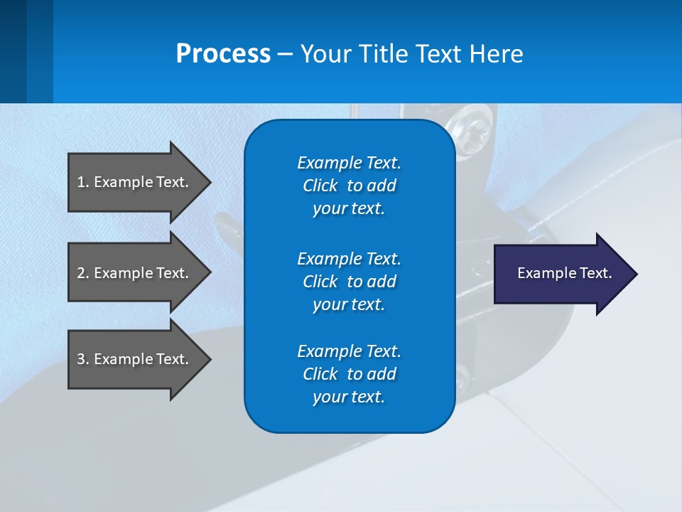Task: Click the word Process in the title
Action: pyautogui.click(x=223, y=54)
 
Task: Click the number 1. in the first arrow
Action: pyautogui.click(x=82, y=182)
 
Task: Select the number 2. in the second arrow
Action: pyautogui.click(x=82, y=273)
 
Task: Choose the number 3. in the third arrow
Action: pyautogui.click(x=82, y=359)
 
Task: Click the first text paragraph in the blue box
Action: pyautogui.click(x=349, y=186)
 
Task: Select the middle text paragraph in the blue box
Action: pyautogui.click(x=349, y=281)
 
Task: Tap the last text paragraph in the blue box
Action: pyautogui.click(x=349, y=374)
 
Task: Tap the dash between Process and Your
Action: pyautogui.click(x=285, y=55)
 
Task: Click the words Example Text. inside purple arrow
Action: pyautogui.click(x=564, y=273)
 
